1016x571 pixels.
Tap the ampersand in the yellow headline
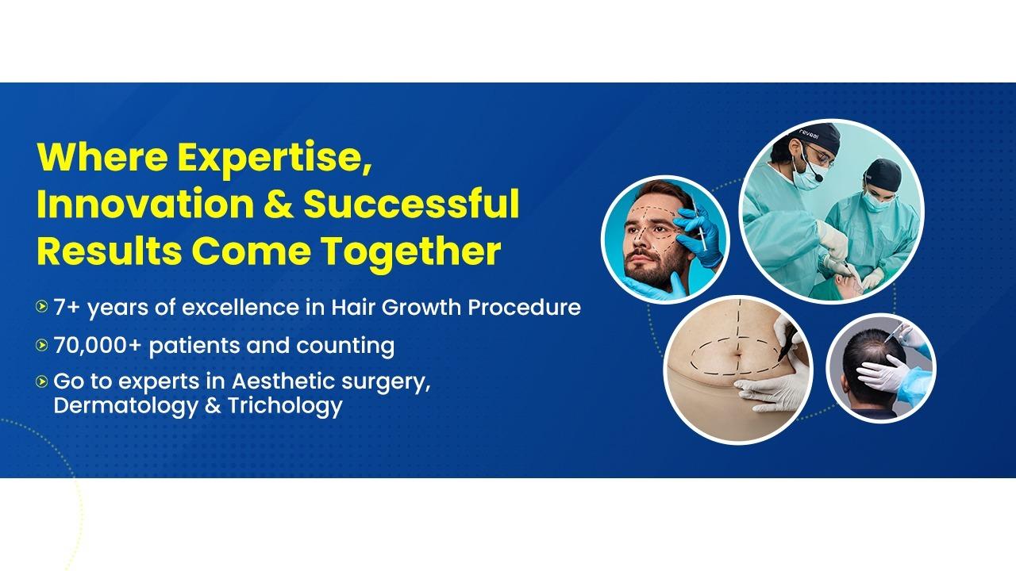pos(279,205)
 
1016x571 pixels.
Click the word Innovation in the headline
pos(145,205)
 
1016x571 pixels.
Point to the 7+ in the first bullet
pos(67,307)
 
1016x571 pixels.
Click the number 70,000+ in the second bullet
pos(98,346)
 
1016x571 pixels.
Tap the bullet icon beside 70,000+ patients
pos(41,345)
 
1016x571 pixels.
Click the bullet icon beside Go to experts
pos(41,381)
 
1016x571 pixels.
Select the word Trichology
pos(285,405)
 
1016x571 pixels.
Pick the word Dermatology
pos(125,405)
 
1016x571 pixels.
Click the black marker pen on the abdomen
pos(787,343)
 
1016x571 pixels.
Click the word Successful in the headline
pos(411,205)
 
